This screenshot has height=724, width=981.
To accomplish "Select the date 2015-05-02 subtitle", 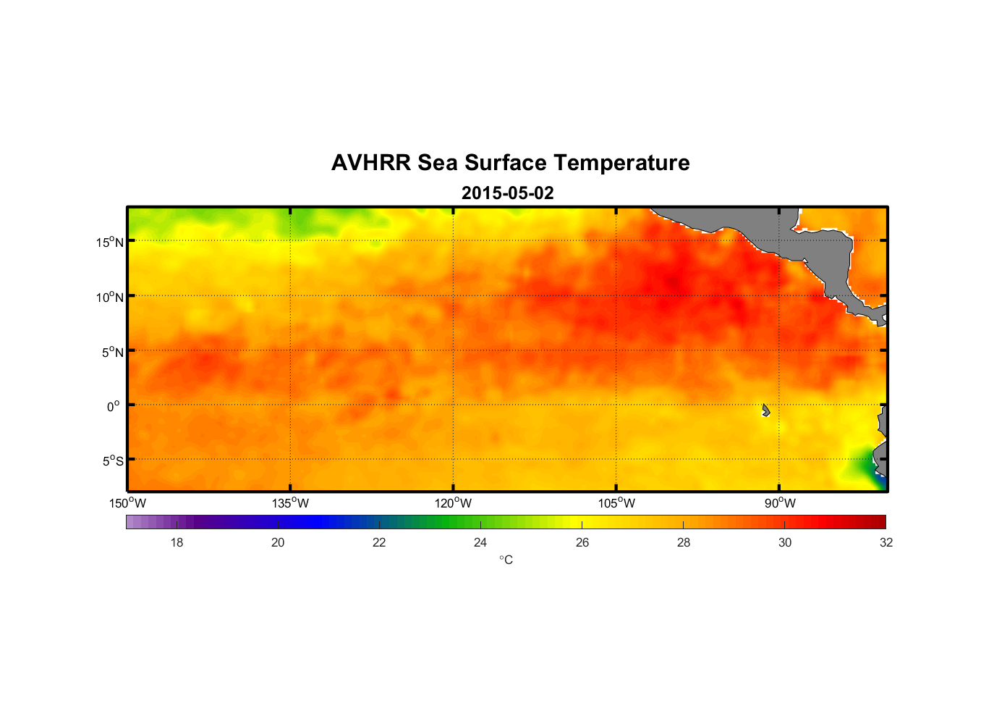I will pyautogui.click(x=507, y=193).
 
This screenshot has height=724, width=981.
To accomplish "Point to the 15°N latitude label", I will pyautogui.click(x=110, y=242).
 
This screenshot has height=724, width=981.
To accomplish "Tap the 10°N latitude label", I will pyautogui.click(x=110, y=297).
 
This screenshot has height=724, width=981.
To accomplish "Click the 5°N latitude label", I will pyautogui.click(x=113, y=352).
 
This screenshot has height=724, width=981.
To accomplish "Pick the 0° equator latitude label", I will pyautogui.click(x=114, y=406).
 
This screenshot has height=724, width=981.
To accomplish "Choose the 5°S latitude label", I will pyautogui.click(x=113, y=461).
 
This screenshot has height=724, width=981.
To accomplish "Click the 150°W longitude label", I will pyautogui.click(x=127, y=503).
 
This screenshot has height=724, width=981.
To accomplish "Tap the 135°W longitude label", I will pyautogui.click(x=290, y=503).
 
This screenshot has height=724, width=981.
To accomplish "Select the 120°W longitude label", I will pyautogui.click(x=453, y=503).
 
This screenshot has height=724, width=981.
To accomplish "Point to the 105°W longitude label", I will pyautogui.click(x=616, y=503).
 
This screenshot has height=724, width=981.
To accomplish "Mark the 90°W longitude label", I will pyautogui.click(x=780, y=503).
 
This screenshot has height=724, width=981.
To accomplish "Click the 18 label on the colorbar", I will pyautogui.click(x=177, y=542).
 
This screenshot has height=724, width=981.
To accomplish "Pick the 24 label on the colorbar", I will pyautogui.click(x=480, y=542).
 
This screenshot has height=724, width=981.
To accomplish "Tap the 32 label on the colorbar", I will pyautogui.click(x=886, y=542).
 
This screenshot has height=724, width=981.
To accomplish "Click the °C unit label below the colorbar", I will pyautogui.click(x=506, y=560).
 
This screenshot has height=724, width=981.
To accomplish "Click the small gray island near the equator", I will pyautogui.click(x=765, y=411).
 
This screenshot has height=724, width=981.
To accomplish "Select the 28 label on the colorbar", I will pyautogui.click(x=684, y=542).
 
